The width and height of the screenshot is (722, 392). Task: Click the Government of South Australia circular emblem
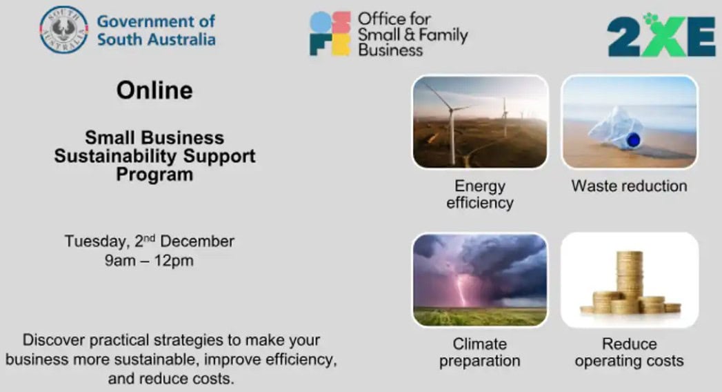click(63, 30)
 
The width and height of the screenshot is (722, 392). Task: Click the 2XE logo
click(661, 35)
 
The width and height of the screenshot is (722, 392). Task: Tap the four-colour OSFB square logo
click(330, 34)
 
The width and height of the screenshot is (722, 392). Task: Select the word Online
click(154, 90)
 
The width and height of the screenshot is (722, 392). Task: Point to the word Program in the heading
click(154, 175)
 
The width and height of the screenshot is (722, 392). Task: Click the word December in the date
click(197, 242)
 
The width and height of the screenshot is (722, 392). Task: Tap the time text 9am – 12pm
click(149, 261)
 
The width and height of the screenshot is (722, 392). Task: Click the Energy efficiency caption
click(480, 195)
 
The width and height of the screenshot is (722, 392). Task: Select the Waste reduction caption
click(630, 186)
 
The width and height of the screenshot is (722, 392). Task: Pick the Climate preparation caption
click(480, 353)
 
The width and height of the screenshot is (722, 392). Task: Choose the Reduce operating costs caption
click(630, 353)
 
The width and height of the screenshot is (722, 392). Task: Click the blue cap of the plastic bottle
click(634, 139)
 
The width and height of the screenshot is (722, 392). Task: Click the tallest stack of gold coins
click(630, 281)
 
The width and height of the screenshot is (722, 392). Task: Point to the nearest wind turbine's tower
click(452, 137)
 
